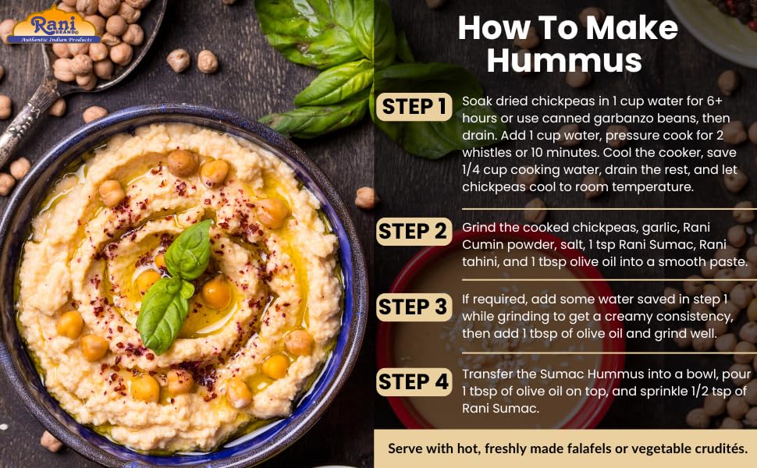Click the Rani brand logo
tap(56, 25)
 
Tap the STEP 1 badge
tap(414, 107)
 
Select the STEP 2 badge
tap(414, 231)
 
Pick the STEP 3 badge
tap(414, 307)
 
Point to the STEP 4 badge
tap(414, 382)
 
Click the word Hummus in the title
tap(564, 60)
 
